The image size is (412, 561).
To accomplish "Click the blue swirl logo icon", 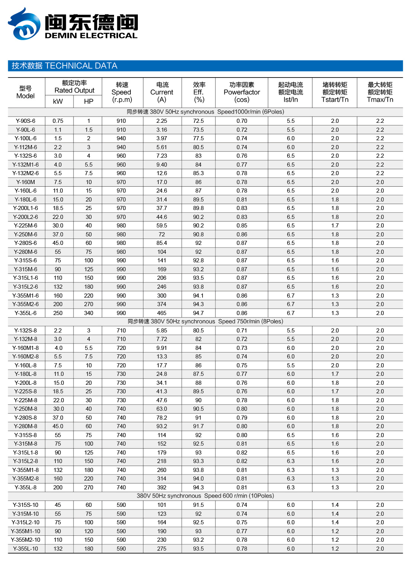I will (24, 24).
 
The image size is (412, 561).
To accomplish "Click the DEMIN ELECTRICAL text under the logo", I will (91, 36).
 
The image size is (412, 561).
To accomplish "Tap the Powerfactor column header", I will (242, 92).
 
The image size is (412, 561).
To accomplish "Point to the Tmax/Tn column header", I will (380, 99).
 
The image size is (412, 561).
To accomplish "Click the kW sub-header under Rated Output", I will (58, 102).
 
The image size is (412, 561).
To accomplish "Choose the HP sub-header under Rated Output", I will (88, 102).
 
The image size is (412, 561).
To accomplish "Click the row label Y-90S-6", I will (26, 121).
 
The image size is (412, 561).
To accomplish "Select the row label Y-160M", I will (26, 182).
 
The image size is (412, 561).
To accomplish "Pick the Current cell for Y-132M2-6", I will (162, 173).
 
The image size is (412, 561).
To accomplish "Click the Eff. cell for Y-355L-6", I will (198, 313).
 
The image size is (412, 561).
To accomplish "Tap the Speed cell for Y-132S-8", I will (121, 331).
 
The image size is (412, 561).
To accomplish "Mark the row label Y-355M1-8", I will (26, 470).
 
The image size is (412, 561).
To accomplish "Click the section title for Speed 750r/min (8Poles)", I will (205, 321).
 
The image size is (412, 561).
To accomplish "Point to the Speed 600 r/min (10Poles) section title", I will (205, 496).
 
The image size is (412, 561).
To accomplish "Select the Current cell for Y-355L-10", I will (162, 549).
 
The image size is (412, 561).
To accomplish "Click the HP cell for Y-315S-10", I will (88, 505).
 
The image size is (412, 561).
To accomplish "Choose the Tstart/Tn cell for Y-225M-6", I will (335, 226).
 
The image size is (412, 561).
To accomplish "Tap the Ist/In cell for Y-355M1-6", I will (291, 296).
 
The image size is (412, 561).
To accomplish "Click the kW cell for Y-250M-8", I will (58, 409).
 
